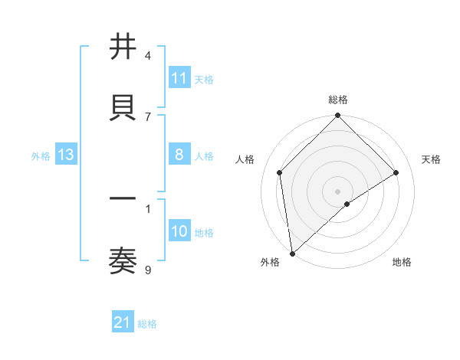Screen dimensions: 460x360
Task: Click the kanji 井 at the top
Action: click(x=123, y=47)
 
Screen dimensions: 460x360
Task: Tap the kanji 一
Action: click(x=123, y=199)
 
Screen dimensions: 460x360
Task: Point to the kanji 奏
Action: click(x=123, y=260)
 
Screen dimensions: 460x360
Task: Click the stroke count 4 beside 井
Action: click(x=148, y=55)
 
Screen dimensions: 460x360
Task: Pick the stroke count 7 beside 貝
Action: click(x=148, y=116)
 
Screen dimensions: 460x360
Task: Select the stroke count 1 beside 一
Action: click(x=148, y=208)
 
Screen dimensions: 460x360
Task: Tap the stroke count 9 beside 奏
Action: click(x=148, y=269)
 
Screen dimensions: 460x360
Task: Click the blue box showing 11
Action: click(x=179, y=78)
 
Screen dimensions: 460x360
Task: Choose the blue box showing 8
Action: click(x=179, y=155)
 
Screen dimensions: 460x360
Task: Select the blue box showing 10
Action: click(x=179, y=231)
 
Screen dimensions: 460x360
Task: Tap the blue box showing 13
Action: click(x=66, y=155)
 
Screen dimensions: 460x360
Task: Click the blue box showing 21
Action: click(x=123, y=323)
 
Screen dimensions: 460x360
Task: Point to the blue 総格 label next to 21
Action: click(x=147, y=324)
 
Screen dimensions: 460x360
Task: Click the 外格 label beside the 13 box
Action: click(x=41, y=155)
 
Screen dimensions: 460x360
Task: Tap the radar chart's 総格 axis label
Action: click(x=338, y=100)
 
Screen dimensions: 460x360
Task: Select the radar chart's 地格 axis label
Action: click(x=402, y=262)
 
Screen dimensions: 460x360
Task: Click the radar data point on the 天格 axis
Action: click(x=396, y=172)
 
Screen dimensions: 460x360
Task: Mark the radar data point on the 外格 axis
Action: click(x=292, y=254)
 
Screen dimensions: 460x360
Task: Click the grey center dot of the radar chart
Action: click(x=338, y=191)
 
